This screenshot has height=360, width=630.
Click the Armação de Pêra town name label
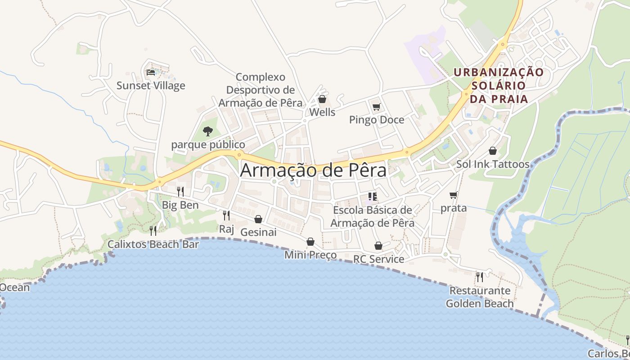[x=313, y=171]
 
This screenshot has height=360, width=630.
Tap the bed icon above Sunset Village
[x=151, y=72]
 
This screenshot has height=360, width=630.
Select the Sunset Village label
[x=151, y=85]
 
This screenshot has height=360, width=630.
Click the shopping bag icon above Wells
[x=322, y=99]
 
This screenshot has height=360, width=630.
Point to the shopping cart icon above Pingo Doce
[x=376, y=107]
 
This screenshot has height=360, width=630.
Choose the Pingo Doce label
[x=376, y=120]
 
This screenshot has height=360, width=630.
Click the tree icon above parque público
[x=207, y=131]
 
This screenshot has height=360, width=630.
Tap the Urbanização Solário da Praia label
[x=498, y=85]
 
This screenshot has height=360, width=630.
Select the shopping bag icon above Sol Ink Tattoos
[x=493, y=151]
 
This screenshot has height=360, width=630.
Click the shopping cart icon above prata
[x=453, y=195]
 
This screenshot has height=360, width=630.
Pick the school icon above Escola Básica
[x=372, y=196]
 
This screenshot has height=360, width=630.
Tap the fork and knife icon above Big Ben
[x=180, y=192]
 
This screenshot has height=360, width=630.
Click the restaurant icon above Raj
[x=226, y=216]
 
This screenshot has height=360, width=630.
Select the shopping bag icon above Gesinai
[x=258, y=219]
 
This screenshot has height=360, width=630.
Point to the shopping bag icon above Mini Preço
[x=310, y=242]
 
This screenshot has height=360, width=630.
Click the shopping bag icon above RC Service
[x=378, y=246]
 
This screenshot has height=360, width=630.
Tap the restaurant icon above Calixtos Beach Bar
[x=153, y=231]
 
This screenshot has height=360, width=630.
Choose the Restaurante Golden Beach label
[x=480, y=297]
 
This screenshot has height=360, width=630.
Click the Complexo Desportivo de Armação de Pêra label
[x=260, y=90]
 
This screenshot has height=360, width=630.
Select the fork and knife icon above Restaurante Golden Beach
[x=480, y=277]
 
